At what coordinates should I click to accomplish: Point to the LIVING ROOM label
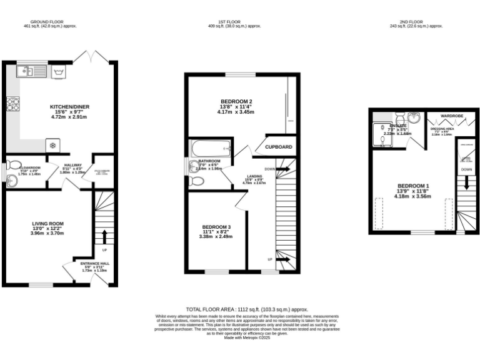click(48, 223)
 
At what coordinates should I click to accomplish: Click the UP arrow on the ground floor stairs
click(104, 237)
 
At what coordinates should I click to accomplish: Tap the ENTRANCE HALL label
click(94, 263)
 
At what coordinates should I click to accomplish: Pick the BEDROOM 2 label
click(236, 102)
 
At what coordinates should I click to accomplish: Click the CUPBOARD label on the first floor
click(279, 147)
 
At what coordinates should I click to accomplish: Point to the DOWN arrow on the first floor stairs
click(282, 169)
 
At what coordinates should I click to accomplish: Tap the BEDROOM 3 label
click(216, 227)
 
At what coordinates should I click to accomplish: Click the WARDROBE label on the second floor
click(451, 116)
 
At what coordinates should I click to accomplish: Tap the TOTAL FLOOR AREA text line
click(247, 309)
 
